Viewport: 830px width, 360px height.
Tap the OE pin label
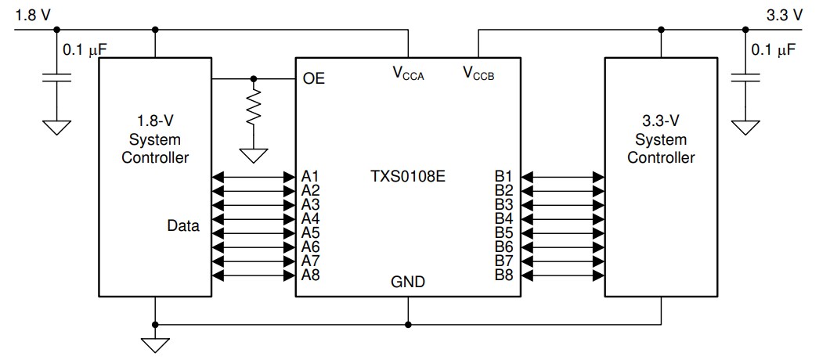pyautogui.click(x=313, y=78)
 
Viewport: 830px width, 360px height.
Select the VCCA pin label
pyautogui.click(x=408, y=74)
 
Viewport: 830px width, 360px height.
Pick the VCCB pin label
pyautogui.click(x=478, y=74)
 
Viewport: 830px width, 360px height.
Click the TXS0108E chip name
pyautogui.click(x=406, y=176)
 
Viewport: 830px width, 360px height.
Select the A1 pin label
pyautogui.click(x=311, y=176)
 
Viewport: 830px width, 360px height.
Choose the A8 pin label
pyautogui.click(x=311, y=275)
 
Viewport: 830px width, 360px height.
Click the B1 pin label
pyautogui.click(x=503, y=176)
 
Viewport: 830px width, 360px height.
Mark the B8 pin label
pyautogui.click(x=503, y=275)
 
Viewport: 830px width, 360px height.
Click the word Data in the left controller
pyautogui.click(x=182, y=227)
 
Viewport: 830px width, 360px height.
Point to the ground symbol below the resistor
pyautogui.click(x=253, y=156)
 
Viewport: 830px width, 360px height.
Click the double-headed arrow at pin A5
pyautogui.click(x=252, y=233)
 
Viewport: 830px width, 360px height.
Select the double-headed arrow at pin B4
pyautogui.click(x=562, y=219)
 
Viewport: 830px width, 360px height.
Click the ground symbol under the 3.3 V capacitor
pyautogui.click(x=746, y=126)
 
